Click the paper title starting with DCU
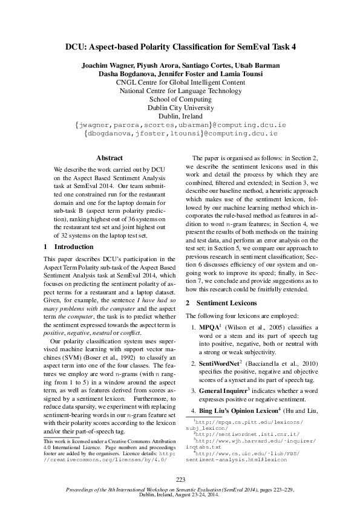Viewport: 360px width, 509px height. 180,46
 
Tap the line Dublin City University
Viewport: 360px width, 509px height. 180,108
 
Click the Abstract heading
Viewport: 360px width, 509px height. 110,158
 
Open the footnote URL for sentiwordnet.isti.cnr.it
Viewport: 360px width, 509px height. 236,433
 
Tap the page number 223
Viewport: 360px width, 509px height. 180,479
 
